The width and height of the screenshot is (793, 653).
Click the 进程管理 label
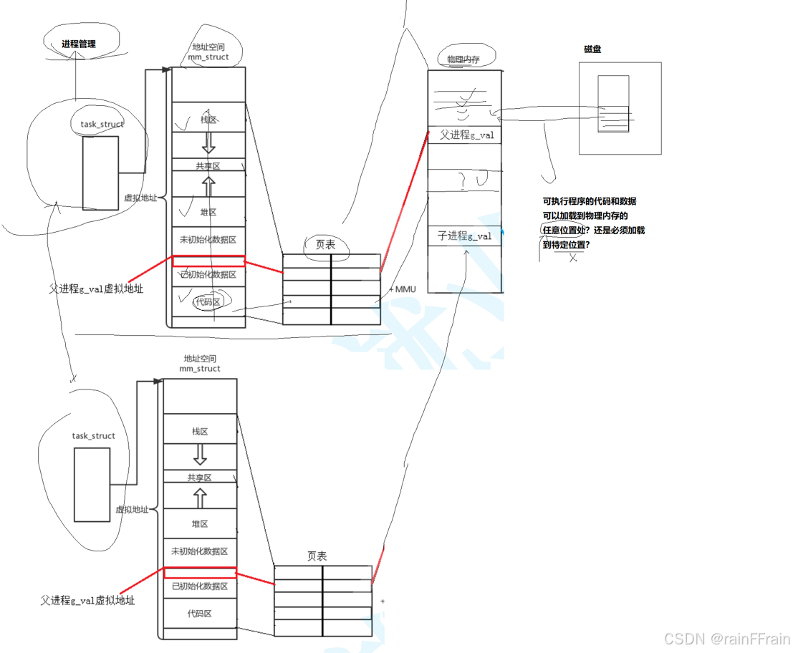click(77, 44)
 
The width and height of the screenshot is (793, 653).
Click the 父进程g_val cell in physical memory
click(465, 135)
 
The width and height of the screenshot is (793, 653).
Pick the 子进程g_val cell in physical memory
click(465, 236)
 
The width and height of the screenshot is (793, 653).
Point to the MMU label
click(405, 289)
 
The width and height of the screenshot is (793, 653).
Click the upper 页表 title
click(326, 244)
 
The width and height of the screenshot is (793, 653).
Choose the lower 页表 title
click(317, 556)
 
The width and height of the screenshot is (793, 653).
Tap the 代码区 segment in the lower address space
click(200, 614)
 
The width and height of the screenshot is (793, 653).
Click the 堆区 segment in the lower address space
click(200, 524)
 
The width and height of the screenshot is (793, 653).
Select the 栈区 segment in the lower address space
click(200, 432)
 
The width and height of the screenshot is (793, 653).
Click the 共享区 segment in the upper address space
click(208, 165)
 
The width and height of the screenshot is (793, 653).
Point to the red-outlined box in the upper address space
click(208, 261)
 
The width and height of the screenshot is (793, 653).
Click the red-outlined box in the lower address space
click(200, 573)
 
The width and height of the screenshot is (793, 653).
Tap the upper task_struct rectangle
click(100, 173)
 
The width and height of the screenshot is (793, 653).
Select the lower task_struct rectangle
click(92, 485)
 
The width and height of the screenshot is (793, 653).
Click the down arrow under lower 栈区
click(200, 454)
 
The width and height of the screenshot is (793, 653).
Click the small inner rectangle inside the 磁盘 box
click(613, 104)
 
